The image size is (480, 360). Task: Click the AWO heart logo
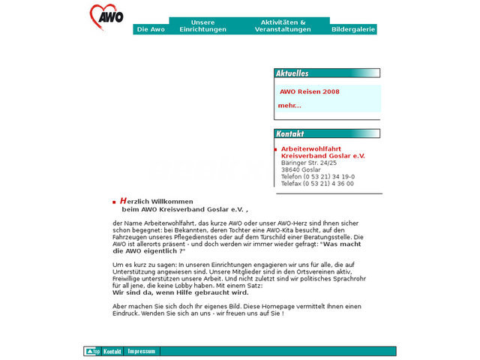pos(106,16)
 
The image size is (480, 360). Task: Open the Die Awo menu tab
pos(151,29)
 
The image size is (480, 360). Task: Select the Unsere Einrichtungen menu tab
pos(202,25)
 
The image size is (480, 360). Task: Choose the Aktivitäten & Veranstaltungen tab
pos(283,25)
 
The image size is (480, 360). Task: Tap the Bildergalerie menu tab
pos(353,29)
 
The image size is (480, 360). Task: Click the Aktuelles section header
pos(292,73)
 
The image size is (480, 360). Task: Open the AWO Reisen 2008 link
pos(310,91)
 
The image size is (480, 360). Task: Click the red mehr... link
pos(289,106)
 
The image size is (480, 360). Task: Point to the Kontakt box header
pos(290,133)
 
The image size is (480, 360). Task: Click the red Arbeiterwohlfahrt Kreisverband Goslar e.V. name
pos(322,152)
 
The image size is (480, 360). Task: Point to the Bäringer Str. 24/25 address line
pos(309,163)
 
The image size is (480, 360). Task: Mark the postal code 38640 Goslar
pos(301,169)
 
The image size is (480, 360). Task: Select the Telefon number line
pos(318,176)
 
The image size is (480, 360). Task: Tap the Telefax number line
pos(317,184)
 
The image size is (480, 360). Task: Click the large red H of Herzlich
pos(123,201)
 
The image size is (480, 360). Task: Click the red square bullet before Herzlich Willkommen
pos(114,202)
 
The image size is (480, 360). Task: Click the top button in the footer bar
pos(92,351)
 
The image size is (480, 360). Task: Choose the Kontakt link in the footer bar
pos(112,351)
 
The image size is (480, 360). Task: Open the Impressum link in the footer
pos(142,351)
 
